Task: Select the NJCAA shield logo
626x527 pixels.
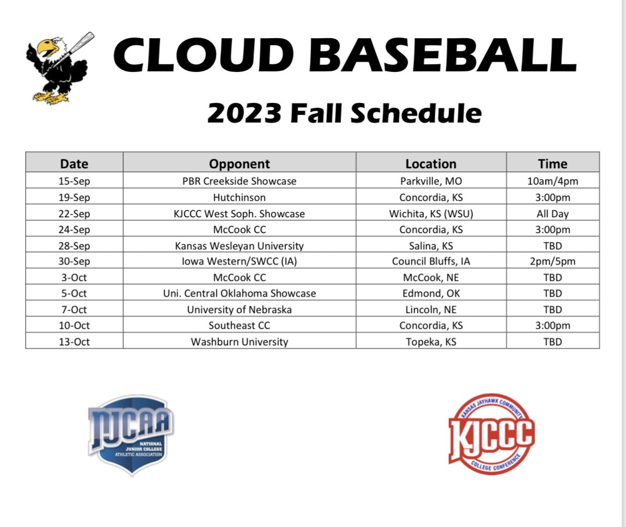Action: point(130,434)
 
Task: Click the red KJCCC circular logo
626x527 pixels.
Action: point(490,434)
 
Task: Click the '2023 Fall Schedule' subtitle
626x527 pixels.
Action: point(344,113)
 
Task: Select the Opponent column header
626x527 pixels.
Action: point(240,163)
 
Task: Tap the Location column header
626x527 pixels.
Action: point(431,163)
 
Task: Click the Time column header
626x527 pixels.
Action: point(552,163)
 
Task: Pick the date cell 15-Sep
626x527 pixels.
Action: point(74,181)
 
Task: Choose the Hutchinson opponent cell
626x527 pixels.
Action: point(240,197)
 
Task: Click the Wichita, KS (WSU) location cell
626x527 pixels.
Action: point(431,213)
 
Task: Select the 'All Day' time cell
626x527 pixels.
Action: point(552,213)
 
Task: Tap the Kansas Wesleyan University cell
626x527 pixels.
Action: point(240,246)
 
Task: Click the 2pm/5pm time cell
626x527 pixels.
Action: point(552,261)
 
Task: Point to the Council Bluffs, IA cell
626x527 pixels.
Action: point(431,261)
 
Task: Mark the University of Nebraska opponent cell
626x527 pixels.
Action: point(240,310)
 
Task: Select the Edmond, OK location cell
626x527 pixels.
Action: point(431,293)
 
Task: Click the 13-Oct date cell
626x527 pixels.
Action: point(74,342)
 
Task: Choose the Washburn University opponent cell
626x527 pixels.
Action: point(240,342)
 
